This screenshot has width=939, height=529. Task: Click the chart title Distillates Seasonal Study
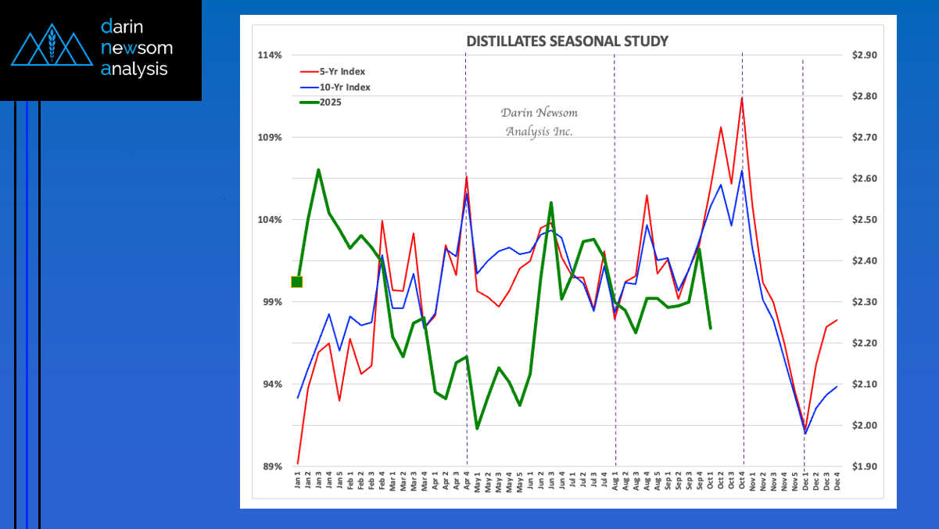(568, 41)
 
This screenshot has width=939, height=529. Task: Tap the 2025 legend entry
(335, 102)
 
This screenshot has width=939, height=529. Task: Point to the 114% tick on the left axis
(270, 55)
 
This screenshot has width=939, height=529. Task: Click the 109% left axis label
(270, 138)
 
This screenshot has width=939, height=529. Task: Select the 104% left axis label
(270, 220)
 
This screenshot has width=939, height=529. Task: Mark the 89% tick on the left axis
(271, 467)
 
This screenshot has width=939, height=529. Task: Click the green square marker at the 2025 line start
(297, 282)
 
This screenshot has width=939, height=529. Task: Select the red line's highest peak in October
(741, 98)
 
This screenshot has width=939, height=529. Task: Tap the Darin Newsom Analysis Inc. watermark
(539, 122)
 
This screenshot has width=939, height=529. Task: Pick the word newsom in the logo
(137, 49)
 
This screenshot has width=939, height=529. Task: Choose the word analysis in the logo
(134, 69)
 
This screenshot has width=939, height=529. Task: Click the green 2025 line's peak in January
(318, 170)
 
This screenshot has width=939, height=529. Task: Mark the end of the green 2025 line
(710, 328)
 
